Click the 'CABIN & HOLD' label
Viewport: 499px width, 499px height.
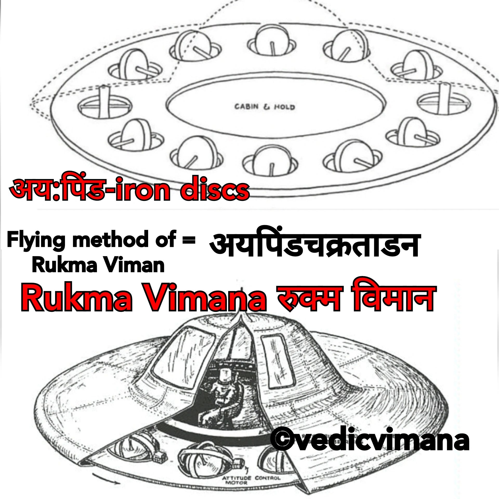pos(265,107)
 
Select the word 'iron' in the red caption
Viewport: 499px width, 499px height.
pos(142,190)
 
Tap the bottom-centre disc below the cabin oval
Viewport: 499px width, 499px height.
pos(270,162)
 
